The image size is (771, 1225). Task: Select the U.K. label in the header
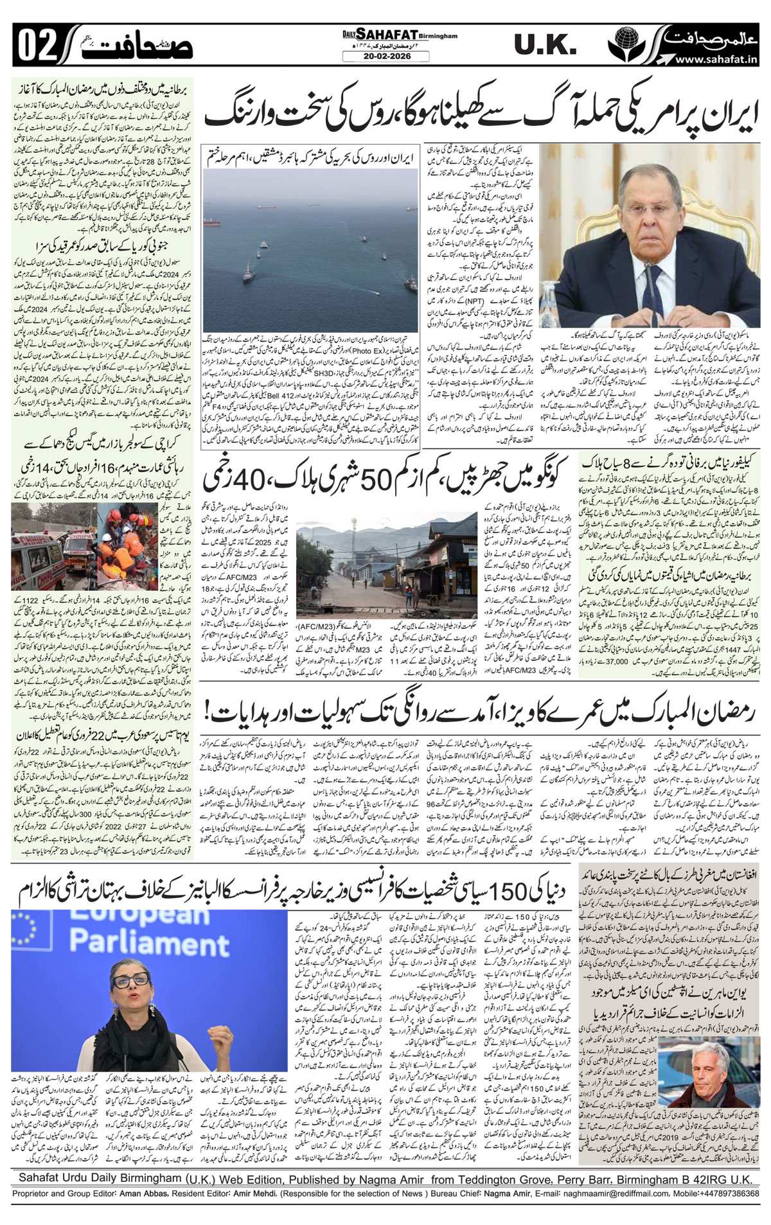click(544, 45)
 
